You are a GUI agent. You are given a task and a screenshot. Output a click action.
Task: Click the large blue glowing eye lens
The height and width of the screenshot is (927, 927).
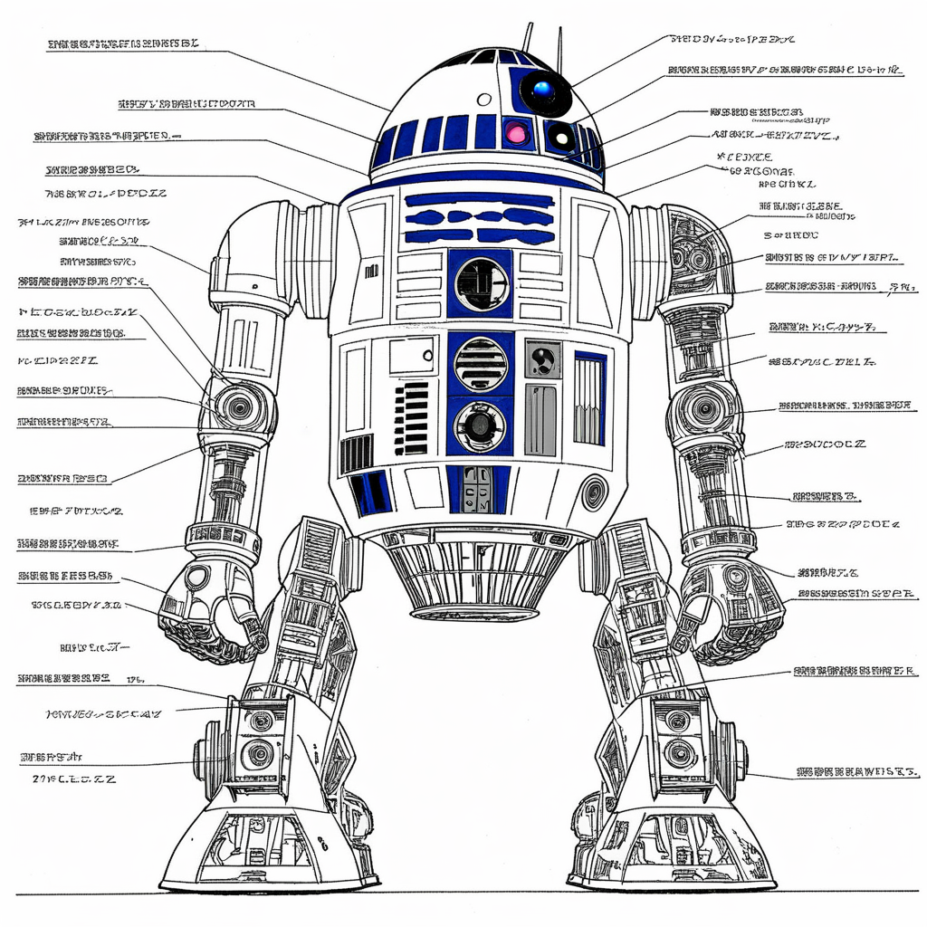click(x=543, y=90)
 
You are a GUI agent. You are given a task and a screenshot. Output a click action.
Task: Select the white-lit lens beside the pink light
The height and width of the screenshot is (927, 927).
click(x=561, y=138)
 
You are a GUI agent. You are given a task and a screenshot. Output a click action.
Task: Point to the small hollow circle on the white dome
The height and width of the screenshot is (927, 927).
click(x=484, y=99)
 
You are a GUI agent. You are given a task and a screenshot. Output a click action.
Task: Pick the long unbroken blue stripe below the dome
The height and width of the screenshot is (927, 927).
click(x=479, y=200)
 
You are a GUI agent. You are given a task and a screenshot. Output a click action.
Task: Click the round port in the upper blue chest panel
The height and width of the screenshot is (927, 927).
click(x=480, y=283)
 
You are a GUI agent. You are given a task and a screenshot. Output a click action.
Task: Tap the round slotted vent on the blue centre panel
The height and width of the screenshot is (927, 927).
click(x=480, y=364)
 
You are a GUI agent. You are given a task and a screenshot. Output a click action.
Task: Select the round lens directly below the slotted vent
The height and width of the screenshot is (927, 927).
click(x=479, y=425)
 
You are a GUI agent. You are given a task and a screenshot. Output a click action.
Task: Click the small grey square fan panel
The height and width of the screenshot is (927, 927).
click(x=542, y=359)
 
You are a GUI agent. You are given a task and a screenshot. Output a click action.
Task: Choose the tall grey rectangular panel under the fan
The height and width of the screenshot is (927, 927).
click(x=540, y=420)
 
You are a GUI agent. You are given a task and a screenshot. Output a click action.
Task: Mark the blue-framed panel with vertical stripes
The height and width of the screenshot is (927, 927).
click(x=589, y=399)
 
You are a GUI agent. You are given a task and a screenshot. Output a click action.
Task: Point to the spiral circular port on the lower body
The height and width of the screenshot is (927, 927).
click(x=594, y=492)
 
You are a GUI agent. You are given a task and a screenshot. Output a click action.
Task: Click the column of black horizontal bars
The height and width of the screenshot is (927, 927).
click(x=412, y=417)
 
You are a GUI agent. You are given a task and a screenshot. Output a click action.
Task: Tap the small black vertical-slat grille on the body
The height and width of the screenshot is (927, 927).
click(x=357, y=453)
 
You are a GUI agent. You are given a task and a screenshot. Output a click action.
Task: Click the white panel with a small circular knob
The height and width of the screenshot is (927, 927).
click(x=412, y=356)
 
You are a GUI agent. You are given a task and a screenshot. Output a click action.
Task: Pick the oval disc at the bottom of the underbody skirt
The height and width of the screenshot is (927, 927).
click(x=474, y=613)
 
